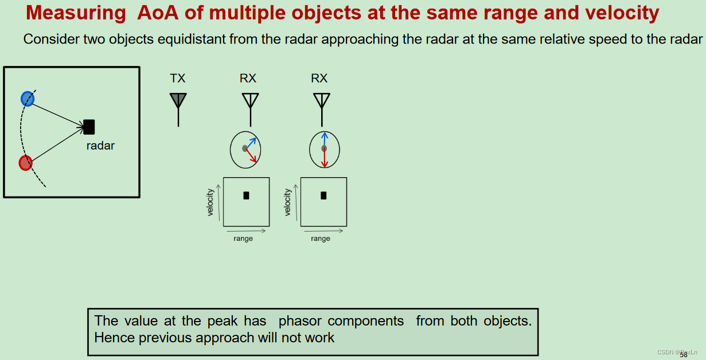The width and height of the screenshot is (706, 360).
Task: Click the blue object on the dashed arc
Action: click(28, 99)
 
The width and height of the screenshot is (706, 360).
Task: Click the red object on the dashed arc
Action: click(25, 163)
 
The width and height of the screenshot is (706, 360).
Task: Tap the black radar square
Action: click(89, 127)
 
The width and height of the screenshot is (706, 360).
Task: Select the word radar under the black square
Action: click(100, 146)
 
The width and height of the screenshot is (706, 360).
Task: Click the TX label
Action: click(178, 79)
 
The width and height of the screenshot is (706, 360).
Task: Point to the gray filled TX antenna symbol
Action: click(178, 101)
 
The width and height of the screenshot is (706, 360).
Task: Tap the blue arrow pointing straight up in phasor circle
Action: click(324, 139)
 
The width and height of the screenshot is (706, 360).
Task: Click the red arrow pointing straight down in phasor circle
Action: click(324, 158)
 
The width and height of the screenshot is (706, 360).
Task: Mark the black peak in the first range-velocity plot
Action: click(246, 195)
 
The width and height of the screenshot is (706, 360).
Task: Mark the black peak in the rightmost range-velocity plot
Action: click(323, 195)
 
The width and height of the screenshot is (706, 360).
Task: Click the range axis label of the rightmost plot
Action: click(321, 238)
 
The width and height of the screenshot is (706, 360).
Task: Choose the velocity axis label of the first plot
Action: click(210, 202)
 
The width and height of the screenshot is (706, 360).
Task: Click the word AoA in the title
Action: click(158, 13)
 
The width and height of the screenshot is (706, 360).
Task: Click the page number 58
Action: click(684, 355)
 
